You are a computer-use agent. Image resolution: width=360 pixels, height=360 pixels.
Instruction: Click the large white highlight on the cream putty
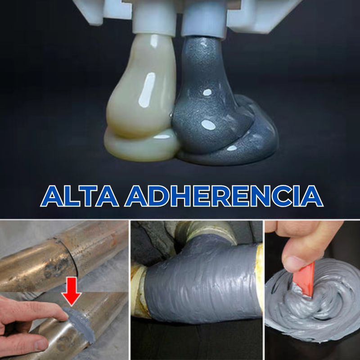click(147, 90)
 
